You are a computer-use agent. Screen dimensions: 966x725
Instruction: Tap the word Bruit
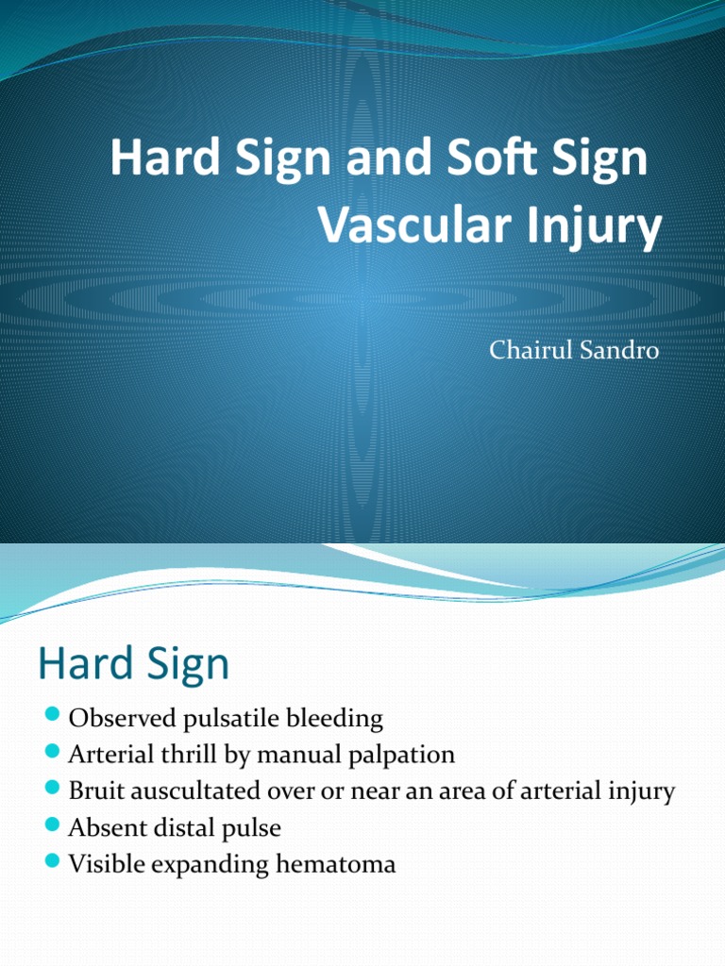(95, 791)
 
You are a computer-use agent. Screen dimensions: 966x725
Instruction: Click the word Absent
(105, 828)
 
